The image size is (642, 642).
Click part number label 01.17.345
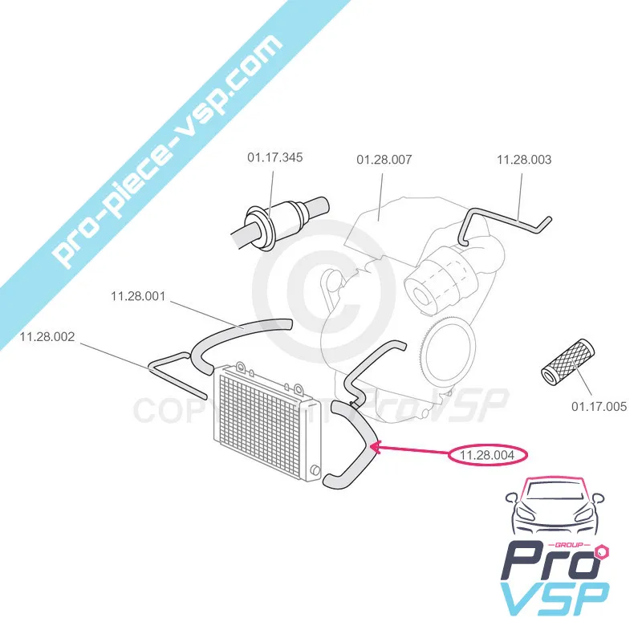click(x=274, y=157)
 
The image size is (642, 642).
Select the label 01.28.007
click(x=384, y=160)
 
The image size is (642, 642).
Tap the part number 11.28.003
click(x=524, y=160)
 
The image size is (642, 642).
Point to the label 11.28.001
click(x=138, y=296)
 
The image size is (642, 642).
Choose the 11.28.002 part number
click(x=47, y=337)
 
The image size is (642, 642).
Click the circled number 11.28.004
click(x=487, y=455)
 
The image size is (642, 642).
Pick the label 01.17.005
click(x=599, y=407)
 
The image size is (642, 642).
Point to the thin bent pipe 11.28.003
click(x=506, y=226)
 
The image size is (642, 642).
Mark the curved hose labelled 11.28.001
click(x=242, y=342)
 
